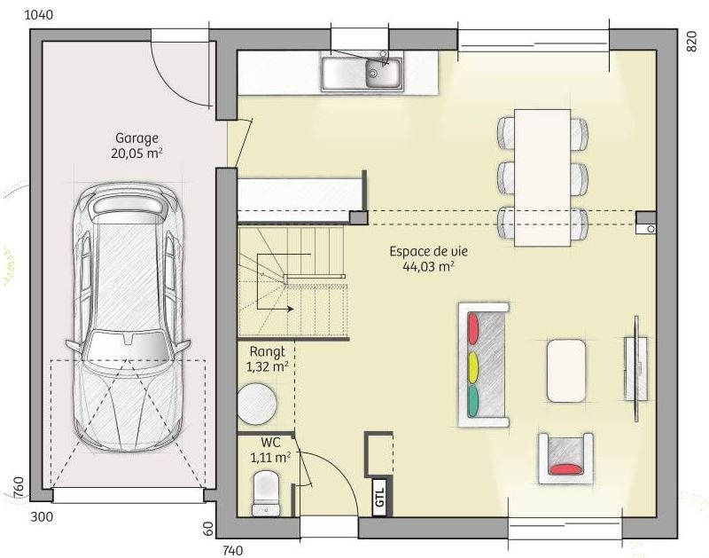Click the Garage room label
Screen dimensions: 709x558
[x=136, y=138]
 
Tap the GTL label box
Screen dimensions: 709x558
[x=379, y=497]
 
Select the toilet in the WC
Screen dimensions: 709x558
[x=266, y=493]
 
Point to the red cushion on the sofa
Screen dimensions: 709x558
[x=473, y=328]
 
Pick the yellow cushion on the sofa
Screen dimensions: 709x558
[x=473, y=366]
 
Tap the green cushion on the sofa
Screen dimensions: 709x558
[x=473, y=401]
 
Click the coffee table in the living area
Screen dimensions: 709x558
[x=566, y=371]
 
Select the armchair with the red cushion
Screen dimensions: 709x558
[x=565, y=458]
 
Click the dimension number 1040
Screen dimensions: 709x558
[x=38, y=15]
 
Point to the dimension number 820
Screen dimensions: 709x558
[x=692, y=42]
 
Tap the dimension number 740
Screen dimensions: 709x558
[x=232, y=550]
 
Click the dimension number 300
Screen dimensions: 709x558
[x=42, y=516]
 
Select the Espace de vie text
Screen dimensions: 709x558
[x=429, y=251]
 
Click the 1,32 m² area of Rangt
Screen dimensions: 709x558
[x=268, y=366]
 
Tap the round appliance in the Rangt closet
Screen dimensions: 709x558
[x=257, y=404]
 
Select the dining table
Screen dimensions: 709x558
[x=542, y=177]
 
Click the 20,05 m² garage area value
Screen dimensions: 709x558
[x=136, y=153]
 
